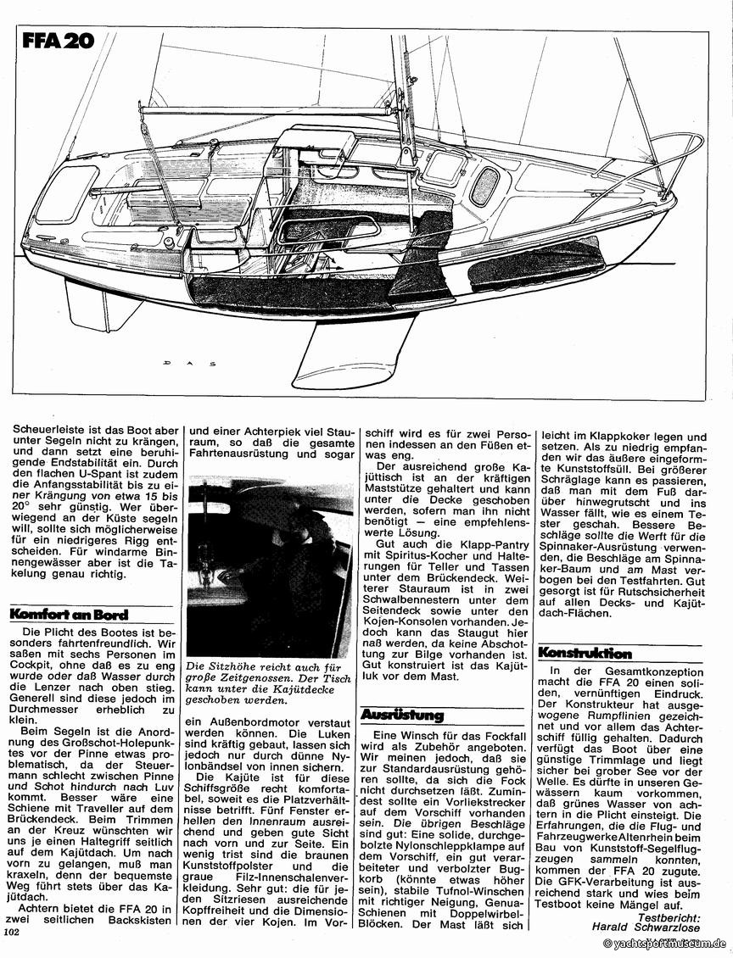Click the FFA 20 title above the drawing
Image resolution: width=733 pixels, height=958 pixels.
point(59,42)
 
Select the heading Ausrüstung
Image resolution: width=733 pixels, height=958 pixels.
point(402,715)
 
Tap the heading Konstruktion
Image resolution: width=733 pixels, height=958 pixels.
point(585,653)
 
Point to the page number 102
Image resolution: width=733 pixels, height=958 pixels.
point(12,931)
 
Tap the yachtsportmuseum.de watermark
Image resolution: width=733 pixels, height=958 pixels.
point(663,943)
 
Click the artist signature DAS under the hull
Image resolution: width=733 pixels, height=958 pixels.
point(188,361)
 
